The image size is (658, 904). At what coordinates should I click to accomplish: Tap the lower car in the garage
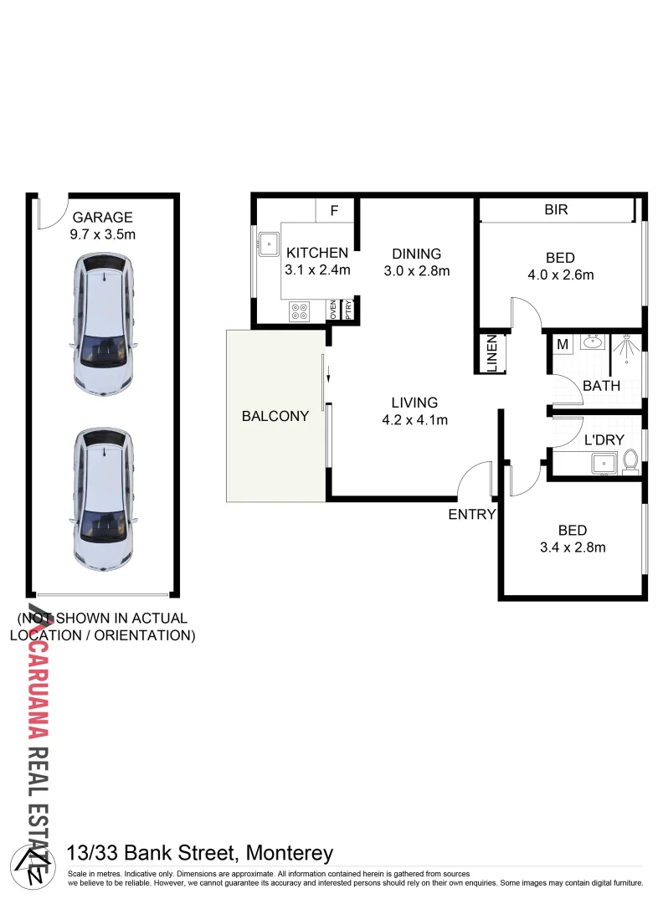coord(103,499)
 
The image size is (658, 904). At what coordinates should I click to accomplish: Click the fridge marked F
coord(334,211)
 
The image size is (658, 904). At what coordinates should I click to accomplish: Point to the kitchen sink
coord(269,243)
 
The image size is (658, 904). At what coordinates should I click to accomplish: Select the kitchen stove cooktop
coord(299,311)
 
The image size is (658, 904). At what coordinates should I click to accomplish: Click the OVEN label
coord(332,309)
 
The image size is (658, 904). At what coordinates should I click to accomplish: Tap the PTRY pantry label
coord(348,309)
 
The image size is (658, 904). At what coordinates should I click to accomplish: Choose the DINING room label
coord(417,254)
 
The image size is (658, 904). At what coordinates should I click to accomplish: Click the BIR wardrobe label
coord(556,210)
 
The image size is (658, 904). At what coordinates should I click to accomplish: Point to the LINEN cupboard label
coord(492,353)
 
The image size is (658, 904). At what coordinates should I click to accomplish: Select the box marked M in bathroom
coord(563,343)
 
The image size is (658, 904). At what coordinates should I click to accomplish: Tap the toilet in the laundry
coord(630,460)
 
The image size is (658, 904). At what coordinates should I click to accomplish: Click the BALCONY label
coord(275,415)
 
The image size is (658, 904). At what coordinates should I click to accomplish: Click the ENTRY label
coord(472,515)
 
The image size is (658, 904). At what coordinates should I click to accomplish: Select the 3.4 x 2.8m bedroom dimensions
coord(573,547)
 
